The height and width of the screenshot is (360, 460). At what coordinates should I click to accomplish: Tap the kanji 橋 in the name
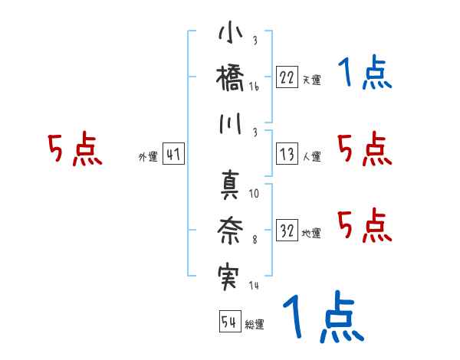[x=230, y=78]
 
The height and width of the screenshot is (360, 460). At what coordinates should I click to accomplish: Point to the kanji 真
[x=230, y=184]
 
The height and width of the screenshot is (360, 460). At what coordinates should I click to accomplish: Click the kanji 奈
[x=230, y=227]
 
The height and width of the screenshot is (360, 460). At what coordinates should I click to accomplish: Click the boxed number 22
[x=287, y=77]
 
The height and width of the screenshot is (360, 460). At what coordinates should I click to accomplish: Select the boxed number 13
[x=287, y=154]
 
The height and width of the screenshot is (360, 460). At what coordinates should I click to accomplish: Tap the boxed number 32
[x=287, y=230]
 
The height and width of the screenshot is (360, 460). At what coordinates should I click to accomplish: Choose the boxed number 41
[x=173, y=154]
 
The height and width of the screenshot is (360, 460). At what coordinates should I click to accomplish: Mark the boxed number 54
[x=229, y=322]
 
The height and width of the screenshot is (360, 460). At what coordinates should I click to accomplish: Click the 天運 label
[x=311, y=80]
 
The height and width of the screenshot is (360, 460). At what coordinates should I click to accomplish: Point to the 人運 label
[x=311, y=157]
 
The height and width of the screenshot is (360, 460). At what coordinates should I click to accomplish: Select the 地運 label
[x=311, y=233]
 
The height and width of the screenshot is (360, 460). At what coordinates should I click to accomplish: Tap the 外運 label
[x=147, y=157]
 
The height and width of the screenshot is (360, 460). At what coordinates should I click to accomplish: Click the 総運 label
[x=255, y=325]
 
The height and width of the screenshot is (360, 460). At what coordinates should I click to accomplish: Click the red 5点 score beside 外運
[x=74, y=150]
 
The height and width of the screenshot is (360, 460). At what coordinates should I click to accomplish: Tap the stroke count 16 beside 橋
[x=254, y=87]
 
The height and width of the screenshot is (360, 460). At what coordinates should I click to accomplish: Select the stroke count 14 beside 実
[x=254, y=286]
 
